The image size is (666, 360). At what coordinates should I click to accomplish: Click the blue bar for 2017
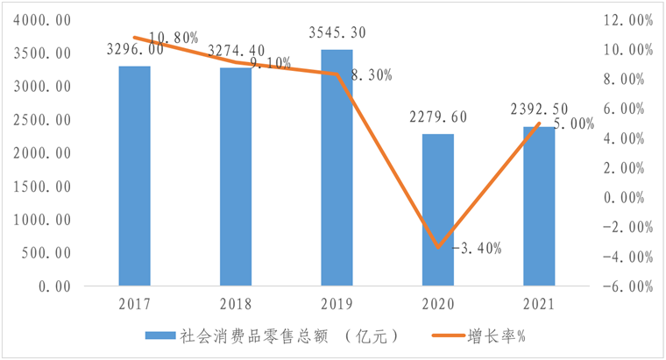[x=135, y=175]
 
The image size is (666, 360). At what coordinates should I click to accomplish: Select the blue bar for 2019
[x=337, y=167]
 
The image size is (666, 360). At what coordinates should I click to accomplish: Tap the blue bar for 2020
[x=438, y=209]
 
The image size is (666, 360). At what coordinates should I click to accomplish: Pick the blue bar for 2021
[x=539, y=206]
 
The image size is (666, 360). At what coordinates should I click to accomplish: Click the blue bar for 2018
[x=236, y=176]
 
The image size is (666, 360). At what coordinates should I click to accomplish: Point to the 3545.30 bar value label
[x=337, y=33]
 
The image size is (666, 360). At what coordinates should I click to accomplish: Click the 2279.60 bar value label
[x=437, y=117]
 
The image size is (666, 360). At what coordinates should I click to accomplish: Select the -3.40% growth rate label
[x=477, y=248]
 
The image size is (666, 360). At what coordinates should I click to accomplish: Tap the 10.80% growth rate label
[x=174, y=37]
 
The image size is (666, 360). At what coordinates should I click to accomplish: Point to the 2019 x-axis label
[x=337, y=304]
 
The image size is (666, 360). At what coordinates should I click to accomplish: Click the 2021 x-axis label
[x=539, y=304]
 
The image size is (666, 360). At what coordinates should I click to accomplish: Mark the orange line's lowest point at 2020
[x=438, y=247]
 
